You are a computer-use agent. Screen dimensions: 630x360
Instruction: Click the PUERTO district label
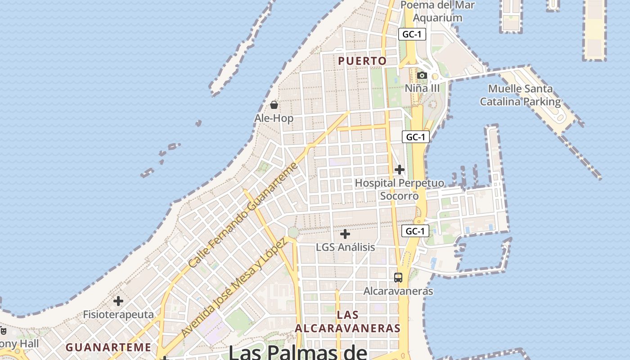click(362, 61)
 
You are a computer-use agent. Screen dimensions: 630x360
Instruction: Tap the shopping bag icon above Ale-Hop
click(274, 105)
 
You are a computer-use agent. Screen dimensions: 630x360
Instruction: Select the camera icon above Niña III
click(422, 75)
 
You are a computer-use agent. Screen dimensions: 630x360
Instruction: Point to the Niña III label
click(422, 88)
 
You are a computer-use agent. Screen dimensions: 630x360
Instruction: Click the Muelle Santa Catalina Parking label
click(520, 95)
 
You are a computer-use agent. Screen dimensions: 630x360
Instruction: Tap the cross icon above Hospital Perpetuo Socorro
click(399, 170)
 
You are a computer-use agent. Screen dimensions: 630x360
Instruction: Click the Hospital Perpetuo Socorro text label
click(399, 189)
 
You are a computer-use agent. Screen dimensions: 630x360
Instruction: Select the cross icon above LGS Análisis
click(345, 234)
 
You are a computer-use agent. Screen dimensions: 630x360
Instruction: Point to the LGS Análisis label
click(345, 247)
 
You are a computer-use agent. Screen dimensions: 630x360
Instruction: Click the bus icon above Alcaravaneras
click(398, 277)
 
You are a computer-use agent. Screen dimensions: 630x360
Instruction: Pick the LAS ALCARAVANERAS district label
click(348, 321)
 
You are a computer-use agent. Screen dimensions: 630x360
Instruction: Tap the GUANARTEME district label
click(108, 347)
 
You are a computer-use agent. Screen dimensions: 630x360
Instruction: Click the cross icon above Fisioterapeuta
click(118, 301)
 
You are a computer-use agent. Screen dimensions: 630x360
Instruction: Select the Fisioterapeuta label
click(118, 315)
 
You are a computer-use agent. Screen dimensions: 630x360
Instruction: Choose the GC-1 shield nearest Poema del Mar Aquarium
click(412, 34)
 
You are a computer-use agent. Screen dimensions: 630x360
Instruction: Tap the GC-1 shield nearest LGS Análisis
click(415, 231)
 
